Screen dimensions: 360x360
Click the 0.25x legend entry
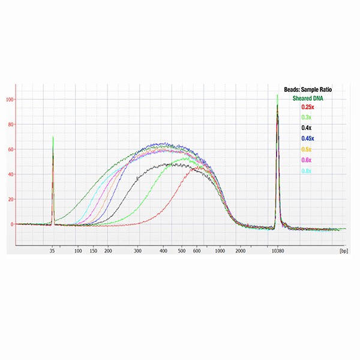click(x=308, y=107)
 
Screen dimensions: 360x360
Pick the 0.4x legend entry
click(x=306, y=128)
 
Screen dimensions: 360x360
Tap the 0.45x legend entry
click(x=307, y=139)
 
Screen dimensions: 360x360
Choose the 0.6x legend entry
click(x=306, y=160)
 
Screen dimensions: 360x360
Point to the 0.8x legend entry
click(x=306, y=171)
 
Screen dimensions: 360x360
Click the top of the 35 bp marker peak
click(x=53, y=137)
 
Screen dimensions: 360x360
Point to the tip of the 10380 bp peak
click(x=277, y=95)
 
